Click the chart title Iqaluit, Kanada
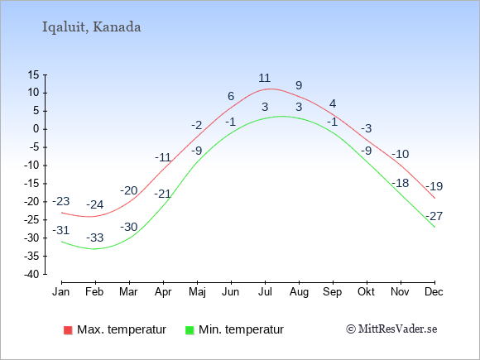[92, 27]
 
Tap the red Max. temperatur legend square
[68, 330]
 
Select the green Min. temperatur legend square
[190, 330]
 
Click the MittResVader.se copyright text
[391, 329]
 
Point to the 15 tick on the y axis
[34, 74]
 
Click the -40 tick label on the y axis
[31, 274]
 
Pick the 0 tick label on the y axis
[36, 129]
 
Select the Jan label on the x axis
[61, 292]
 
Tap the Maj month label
[197, 292]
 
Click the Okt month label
[366, 292]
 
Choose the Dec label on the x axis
[434, 292]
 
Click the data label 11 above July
[265, 78]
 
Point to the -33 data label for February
[95, 238]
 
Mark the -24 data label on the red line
[95, 204]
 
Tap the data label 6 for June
[231, 96]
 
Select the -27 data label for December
[434, 216]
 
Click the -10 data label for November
[400, 154]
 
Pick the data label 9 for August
[299, 85]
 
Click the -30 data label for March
[129, 227]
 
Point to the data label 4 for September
[333, 103]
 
